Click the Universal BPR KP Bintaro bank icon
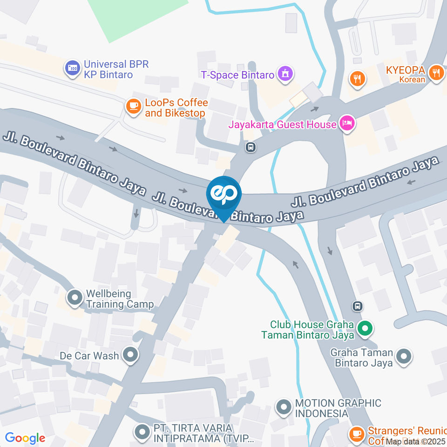point(72,68)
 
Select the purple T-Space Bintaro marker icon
point(285,74)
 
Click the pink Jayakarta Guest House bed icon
point(347,123)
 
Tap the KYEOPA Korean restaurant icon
point(436,73)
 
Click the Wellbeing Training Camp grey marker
point(74,297)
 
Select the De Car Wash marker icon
point(131,355)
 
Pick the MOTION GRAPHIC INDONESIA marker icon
point(283,408)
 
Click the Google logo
point(25,438)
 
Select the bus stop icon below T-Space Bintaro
point(251,148)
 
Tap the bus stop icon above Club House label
point(358,306)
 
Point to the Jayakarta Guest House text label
point(282,124)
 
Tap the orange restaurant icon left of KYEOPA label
point(357,78)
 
